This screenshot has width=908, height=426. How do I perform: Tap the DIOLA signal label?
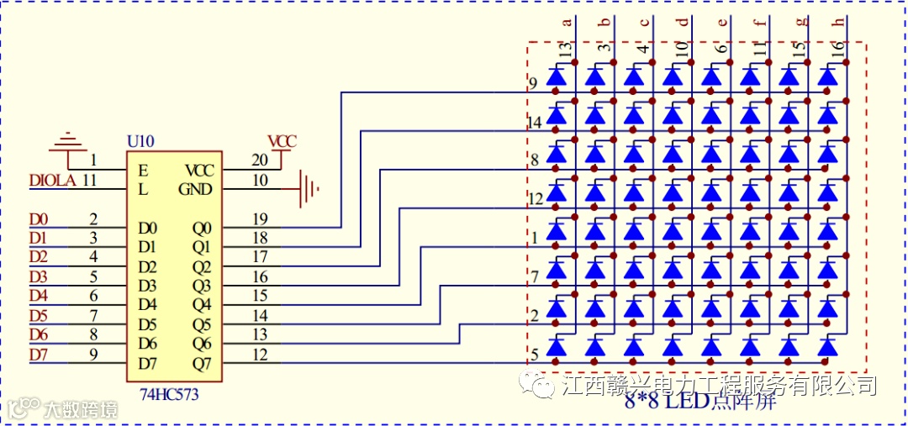pyautogui.click(x=52, y=180)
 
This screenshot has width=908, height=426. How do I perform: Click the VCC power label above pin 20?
pyautogui.click(x=282, y=141)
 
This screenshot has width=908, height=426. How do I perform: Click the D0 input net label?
pyautogui.click(x=39, y=220)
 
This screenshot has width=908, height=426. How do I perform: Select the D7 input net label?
pyautogui.click(x=39, y=354)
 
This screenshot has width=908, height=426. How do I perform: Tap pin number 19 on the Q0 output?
pyautogui.click(x=260, y=219)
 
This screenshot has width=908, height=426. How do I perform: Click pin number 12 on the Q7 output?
pyautogui.click(x=260, y=355)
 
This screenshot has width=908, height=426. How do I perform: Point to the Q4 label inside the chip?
pyautogui.click(x=202, y=304)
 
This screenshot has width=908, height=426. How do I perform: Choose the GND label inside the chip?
pyautogui.click(x=195, y=189)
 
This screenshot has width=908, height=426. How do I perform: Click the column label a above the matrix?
pyautogui.click(x=566, y=23)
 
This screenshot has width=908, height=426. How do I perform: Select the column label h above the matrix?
pyautogui.click(x=837, y=23)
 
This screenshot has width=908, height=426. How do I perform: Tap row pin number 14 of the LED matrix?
pyautogui.click(x=534, y=124)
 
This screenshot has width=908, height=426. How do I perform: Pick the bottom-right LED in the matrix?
pyautogui.click(x=828, y=347)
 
